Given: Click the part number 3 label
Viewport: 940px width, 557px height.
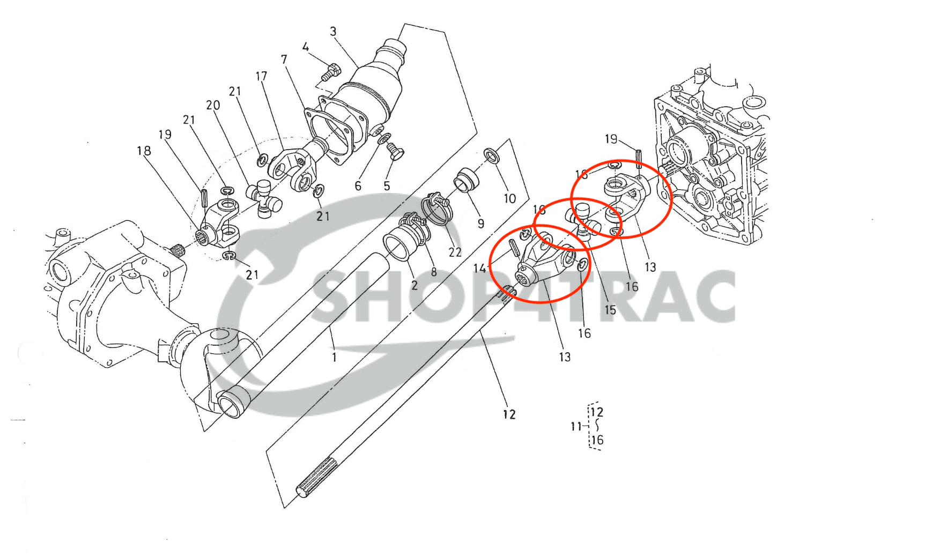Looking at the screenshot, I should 333,32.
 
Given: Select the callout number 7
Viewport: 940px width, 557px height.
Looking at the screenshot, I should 284,60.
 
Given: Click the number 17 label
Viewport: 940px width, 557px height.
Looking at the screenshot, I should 261,77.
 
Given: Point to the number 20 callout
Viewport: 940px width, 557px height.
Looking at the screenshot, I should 213,106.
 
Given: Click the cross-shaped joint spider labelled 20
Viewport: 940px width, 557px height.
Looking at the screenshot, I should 263,197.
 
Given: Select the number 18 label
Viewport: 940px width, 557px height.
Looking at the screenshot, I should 144,151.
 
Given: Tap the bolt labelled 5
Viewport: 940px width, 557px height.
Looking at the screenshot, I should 395,152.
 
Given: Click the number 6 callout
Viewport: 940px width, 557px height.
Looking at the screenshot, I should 358,186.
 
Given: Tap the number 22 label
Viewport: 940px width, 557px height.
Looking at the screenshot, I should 455,252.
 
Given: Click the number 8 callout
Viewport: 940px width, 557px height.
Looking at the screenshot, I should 433,272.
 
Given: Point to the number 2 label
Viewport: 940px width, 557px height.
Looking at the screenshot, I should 414,286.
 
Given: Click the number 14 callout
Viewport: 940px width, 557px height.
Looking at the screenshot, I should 479,268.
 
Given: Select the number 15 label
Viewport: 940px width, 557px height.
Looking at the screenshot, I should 610,310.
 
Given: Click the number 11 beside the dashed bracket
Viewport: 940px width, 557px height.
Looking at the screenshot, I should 576,427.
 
